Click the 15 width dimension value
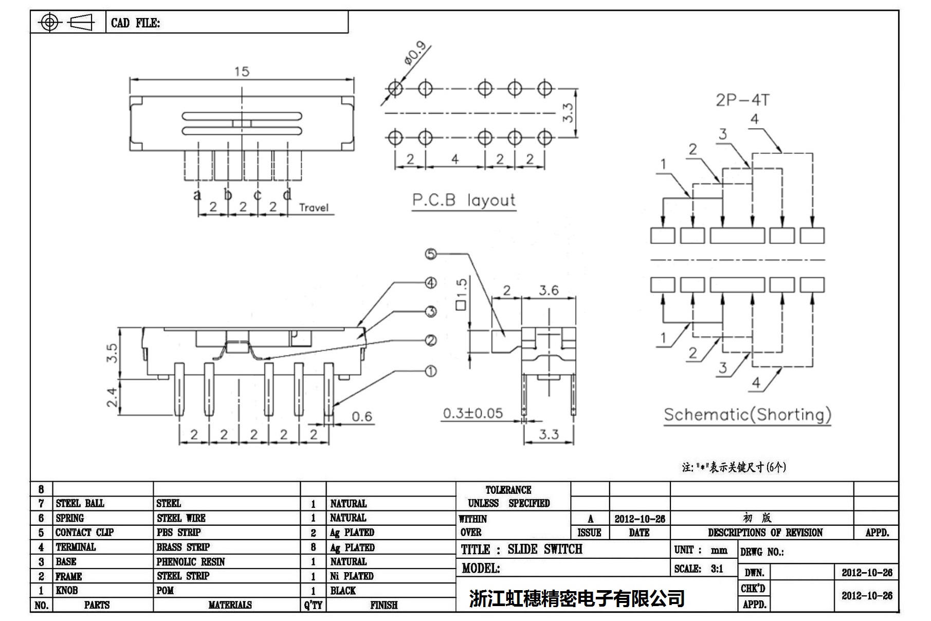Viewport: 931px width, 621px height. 242,72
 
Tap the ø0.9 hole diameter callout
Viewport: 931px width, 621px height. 415,54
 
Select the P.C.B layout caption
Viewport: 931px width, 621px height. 463,200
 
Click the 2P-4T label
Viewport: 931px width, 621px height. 742,100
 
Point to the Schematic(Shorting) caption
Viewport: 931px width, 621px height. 747,415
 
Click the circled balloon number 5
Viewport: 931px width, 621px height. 431,254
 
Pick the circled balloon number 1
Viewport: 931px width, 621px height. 431,371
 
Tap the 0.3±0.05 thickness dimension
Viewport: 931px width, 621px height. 473,413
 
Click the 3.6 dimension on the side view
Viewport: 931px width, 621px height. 549,291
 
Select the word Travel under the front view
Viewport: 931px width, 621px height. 314,207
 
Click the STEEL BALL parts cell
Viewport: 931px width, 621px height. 80,503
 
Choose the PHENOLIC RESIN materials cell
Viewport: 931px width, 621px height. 191,562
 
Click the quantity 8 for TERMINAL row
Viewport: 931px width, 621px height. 313,547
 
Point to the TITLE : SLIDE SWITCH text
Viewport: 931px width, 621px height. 521,549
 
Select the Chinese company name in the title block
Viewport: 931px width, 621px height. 577,598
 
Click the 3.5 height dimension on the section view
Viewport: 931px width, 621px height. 112,353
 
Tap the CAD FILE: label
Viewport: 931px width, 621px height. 135,23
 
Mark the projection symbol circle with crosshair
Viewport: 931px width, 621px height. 49,22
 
